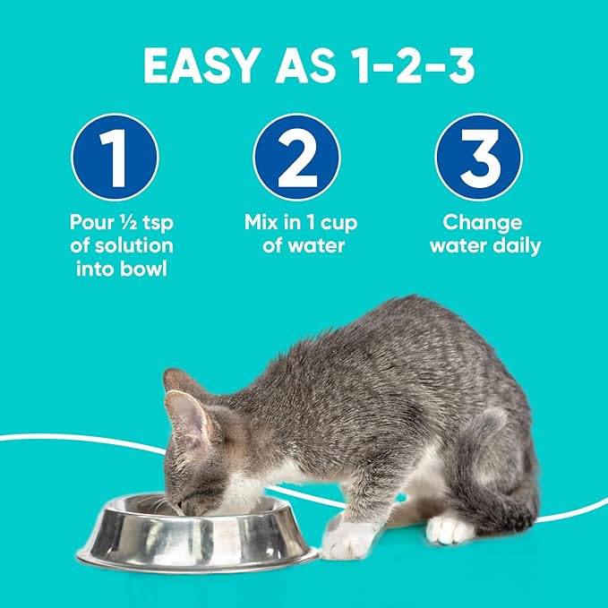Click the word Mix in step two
(261, 222)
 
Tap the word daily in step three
(513, 244)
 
